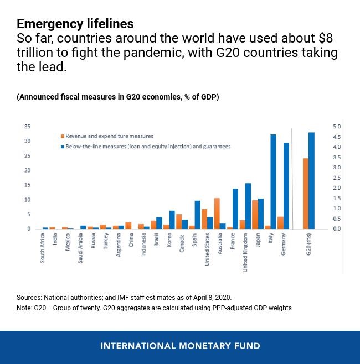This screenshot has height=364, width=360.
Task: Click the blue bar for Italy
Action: tap(273, 181)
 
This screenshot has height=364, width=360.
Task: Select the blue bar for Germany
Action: tap(286, 186)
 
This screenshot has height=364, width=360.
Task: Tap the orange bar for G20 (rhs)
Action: tap(305, 194)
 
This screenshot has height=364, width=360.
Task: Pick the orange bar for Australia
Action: tap(217, 214)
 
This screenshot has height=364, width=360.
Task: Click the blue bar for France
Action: tap(235, 209)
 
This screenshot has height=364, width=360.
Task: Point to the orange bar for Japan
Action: tap(255, 215)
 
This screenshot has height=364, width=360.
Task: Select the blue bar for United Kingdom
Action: tap(248, 206)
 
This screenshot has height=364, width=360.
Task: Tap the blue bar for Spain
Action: tap(198, 215)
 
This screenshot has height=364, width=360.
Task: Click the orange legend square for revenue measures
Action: tap(62, 136)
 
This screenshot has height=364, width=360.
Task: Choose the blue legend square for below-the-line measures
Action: tap(62, 147)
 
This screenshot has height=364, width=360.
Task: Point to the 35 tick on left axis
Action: tap(27, 127)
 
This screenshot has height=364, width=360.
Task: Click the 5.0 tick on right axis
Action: tap(337, 127)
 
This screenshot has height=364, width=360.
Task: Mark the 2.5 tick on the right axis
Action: tap(337, 178)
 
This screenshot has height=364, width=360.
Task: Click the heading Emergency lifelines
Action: tap(75, 24)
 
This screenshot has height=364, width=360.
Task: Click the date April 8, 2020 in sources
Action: tap(212, 298)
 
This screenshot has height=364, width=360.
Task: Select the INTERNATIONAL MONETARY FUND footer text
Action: tap(180, 346)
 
